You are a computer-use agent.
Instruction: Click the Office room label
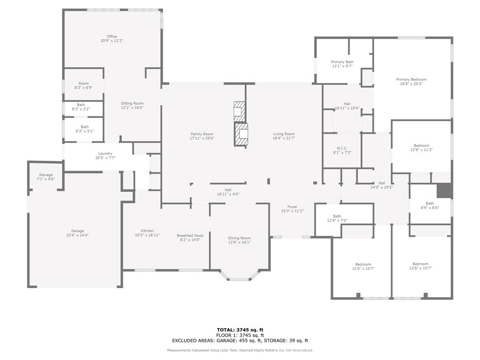click(112, 37)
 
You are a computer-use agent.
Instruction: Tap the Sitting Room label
click(132, 104)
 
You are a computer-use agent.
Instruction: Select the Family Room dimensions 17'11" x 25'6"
click(202, 138)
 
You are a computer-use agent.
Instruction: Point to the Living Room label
click(284, 134)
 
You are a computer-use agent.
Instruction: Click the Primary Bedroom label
click(411, 80)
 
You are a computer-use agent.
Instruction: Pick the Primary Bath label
click(342, 62)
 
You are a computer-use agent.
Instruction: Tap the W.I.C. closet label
click(342, 148)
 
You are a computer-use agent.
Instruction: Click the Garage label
click(77, 231)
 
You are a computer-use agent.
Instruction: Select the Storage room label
click(45, 175)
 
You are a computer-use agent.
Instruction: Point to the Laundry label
click(105, 154)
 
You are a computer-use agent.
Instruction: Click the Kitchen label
click(147, 231)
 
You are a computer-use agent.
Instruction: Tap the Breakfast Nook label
click(190, 236)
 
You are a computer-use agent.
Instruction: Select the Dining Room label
click(240, 238)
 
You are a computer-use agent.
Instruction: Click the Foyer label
click(292, 207)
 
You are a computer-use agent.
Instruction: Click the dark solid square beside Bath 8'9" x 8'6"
click(444, 191)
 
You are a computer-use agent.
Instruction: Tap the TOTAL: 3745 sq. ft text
click(240, 330)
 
